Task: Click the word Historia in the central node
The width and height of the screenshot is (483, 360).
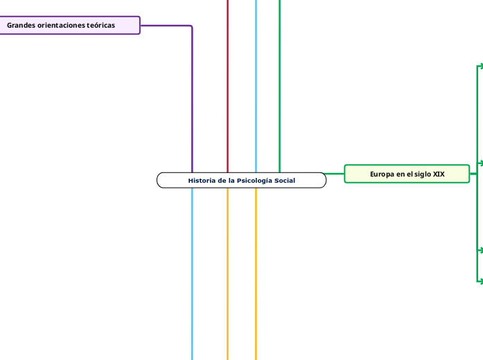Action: pyautogui.click(x=201, y=181)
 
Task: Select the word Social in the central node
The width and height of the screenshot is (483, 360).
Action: pyautogui.click(x=285, y=181)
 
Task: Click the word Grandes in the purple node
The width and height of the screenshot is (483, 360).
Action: pyautogui.click(x=21, y=26)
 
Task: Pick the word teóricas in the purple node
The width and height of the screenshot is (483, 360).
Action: pyautogui.click(x=101, y=26)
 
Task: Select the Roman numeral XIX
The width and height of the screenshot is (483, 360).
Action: pyautogui.click(x=439, y=174)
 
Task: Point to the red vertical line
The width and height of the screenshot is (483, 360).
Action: pyautogui.click(x=227, y=83)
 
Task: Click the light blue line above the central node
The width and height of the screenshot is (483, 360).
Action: pyautogui.click(x=256, y=83)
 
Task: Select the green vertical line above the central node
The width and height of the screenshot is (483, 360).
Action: pyautogui.click(x=280, y=83)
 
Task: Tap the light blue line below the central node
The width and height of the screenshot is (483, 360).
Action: pyautogui.click(x=192, y=277)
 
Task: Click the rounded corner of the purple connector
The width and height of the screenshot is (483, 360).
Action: pyautogui.click(x=190, y=28)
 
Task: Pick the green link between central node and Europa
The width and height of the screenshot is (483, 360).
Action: pyautogui.click(x=335, y=174)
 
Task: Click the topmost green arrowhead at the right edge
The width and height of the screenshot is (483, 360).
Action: pyautogui.click(x=480, y=66)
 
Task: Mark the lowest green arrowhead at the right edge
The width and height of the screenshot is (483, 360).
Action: pyautogui.click(x=480, y=280)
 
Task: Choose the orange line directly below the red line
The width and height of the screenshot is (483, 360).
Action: pyautogui.click(x=227, y=277)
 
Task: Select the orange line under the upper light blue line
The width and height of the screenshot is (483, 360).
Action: pyautogui.click(x=256, y=277)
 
